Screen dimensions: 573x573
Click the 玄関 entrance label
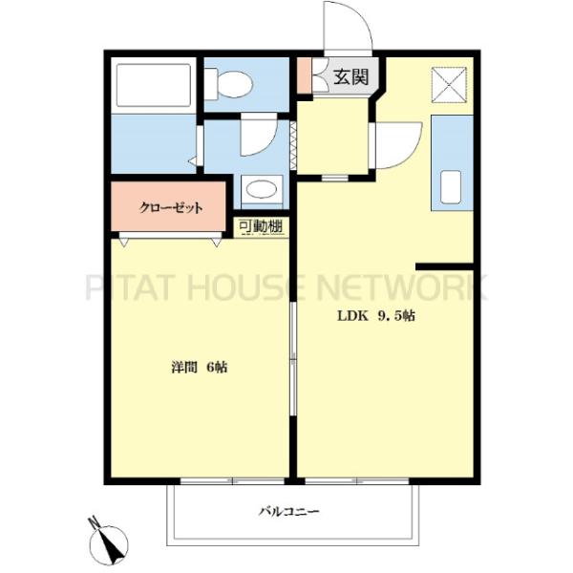pyautogui.click(x=351, y=77)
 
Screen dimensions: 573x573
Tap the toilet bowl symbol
pyautogui.click(x=228, y=84)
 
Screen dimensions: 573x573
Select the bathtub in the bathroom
pyautogui.click(x=154, y=85)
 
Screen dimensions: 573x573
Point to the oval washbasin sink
pyautogui.click(x=262, y=190)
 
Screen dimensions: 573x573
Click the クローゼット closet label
pyautogui.click(x=171, y=208)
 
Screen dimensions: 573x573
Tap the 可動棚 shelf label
pyautogui.click(x=261, y=226)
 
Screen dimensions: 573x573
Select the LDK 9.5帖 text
pyautogui.click(x=376, y=316)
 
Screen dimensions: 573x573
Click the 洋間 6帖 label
pyautogui.click(x=200, y=367)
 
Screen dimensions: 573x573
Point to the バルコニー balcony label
pyautogui.click(x=288, y=511)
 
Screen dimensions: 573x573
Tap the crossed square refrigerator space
pyautogui.click(x=449, y=85)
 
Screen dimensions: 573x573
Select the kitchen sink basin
pyautogui.click(x=450, y=187)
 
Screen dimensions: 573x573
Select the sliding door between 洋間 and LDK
pyautogui.click(x=293, y=358)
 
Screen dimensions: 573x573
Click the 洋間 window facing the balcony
pyautogui.click(x=232, y=481)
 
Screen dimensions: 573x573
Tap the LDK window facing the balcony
pyautogui.click(x=357, y=481)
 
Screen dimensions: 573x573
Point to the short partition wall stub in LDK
pyautogui.click(x=445, y=266)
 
